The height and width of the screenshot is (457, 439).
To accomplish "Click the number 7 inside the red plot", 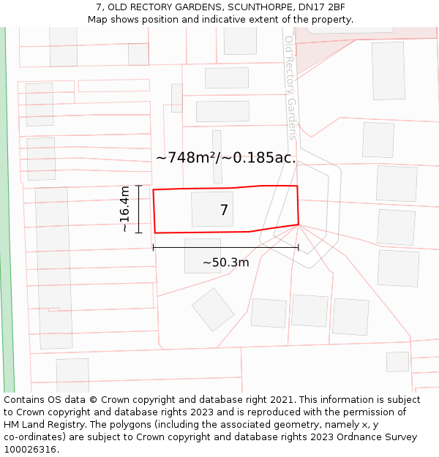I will pos(224,211).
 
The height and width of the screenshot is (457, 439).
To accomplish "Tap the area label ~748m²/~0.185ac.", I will pos(225,157).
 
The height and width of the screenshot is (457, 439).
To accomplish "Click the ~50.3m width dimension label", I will pos(225,262).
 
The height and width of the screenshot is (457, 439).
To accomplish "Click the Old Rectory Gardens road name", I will pos(290,87).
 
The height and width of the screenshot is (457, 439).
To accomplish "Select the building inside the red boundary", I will pos(212,209).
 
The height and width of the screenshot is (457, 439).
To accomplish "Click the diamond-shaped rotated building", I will pos(213,309).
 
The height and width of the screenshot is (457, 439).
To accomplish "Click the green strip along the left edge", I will pos(7,219).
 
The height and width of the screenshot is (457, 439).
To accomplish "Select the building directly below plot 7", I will pos(203,255).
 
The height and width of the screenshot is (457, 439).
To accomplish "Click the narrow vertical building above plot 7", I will pos(217,156).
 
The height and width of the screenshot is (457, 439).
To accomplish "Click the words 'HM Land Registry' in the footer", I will pos(42,424).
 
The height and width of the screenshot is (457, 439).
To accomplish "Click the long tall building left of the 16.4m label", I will pos(53,249).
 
